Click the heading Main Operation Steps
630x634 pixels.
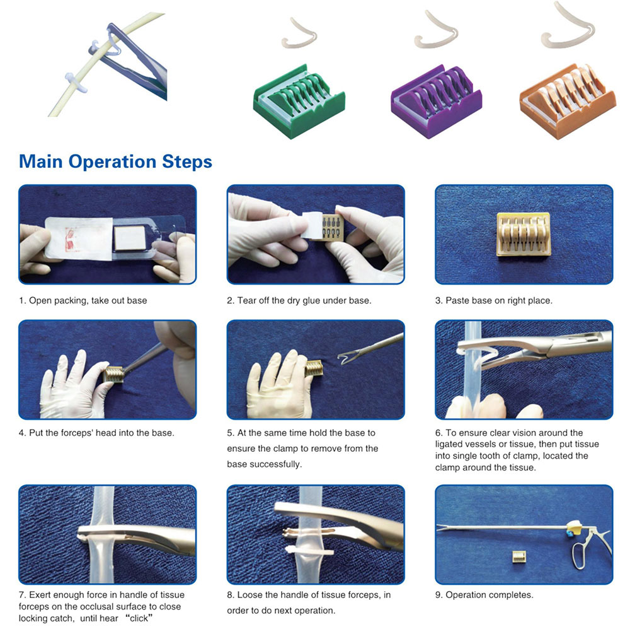[115, 161]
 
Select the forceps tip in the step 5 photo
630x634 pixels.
[345, 360]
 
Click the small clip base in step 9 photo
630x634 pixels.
[520, 556]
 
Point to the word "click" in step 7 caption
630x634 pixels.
[139, 618]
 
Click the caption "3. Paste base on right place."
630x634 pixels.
[493, 300]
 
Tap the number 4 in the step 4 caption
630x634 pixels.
[21, 433]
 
